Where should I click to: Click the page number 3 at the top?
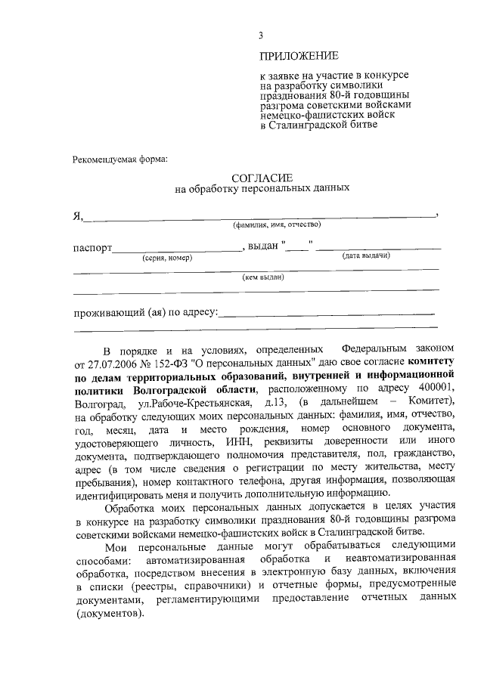coord(260,35)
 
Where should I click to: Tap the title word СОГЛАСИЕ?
coord(262,176)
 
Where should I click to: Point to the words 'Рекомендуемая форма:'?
coord(120,159)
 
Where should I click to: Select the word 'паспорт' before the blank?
coord(92,247)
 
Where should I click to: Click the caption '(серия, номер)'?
coord(167,258)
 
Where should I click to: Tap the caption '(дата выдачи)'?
coord(366,257)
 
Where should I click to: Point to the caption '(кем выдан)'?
coord(262,277)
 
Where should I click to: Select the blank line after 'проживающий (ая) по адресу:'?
coord(327,312)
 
